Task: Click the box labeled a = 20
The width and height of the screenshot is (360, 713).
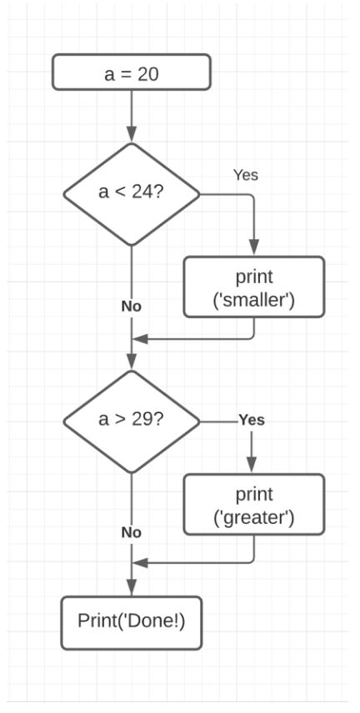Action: [x=132, y=72]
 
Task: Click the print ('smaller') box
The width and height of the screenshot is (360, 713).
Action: [x=252, y=287]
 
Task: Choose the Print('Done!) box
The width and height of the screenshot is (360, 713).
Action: [x=132, y=622]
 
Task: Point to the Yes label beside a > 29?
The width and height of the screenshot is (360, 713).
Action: [x=252, y=420]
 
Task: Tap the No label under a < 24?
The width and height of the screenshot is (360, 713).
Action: [x=132, y=306]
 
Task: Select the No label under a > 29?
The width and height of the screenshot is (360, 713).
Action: [x=132, y=531]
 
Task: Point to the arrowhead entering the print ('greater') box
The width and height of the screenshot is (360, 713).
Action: [x=252, y=467]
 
